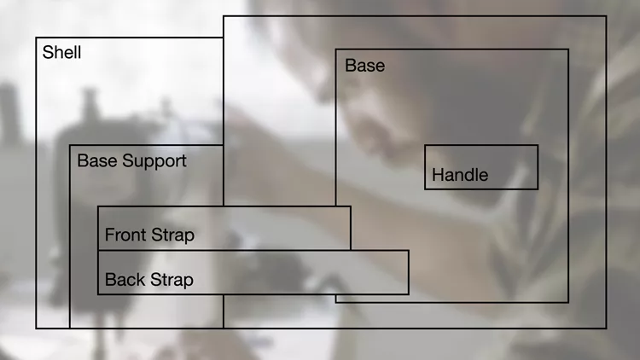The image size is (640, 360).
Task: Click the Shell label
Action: pos(61,52)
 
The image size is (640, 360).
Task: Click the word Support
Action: pos(154,161)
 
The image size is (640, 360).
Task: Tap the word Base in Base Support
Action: pos(97,160)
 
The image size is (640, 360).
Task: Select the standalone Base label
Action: pos(365,66)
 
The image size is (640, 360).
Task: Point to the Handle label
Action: pos(460,175)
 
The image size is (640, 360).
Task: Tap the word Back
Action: pos(125,280)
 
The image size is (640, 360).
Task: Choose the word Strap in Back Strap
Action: pos(172,281)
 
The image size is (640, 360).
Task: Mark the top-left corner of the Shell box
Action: pos(37,38)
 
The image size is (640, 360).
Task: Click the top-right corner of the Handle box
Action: pos(538,145)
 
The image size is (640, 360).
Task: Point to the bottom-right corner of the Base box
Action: pos(568,302)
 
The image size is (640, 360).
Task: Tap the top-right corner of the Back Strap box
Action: pos(408,251)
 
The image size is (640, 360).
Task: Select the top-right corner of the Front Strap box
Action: pos(350,206)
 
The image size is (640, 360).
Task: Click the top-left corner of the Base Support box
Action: pos(70,145)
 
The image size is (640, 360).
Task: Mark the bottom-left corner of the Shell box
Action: pos(37,328)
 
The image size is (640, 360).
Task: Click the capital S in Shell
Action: pos(48,52)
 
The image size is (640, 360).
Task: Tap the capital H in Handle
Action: pos(438,175)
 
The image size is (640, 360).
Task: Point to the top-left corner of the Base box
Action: pos(336,49)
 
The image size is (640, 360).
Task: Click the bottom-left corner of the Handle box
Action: pos(425,189)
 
